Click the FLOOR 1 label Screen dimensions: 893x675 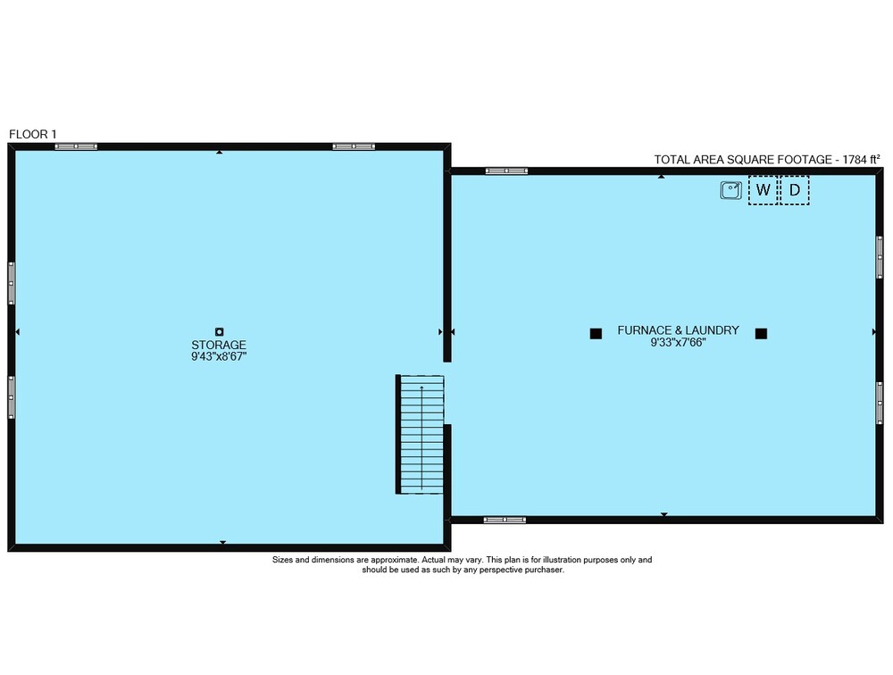[x=32, y=135]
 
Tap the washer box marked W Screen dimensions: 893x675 [x=764, y=189]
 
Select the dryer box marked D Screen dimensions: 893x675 [x=794, y=189]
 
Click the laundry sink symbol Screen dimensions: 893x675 [x=730, y=189]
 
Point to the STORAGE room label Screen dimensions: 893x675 [x=219, y=346]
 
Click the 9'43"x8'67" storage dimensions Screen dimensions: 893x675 [x=219, y=357]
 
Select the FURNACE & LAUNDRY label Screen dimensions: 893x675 [x=679, y=330]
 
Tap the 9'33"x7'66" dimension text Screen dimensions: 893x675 [x=679, y=342]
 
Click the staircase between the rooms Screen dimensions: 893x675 [x=421, y=434]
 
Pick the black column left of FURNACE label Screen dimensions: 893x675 [x=596, y=334]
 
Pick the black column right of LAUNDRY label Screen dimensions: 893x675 [x=761, y=334]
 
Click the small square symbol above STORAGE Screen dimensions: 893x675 [x=220, y=331]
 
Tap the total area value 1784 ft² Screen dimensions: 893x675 [x=861, y=160]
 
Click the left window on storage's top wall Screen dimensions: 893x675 [x=76, y=146]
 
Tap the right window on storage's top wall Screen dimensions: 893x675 [x=354, y=146]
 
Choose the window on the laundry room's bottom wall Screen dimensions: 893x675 [x=505, y=520]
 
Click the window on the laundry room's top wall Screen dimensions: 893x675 [x=506, y=171]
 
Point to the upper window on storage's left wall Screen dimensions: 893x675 [x=12, y=283]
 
